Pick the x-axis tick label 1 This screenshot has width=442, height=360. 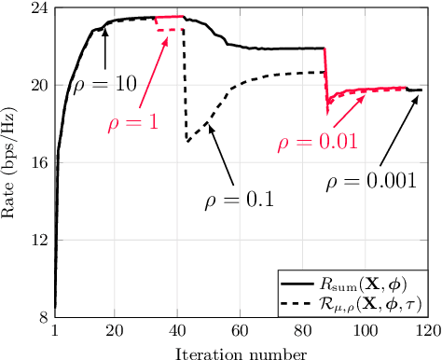[55, 331]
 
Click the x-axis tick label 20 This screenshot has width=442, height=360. [114, 331]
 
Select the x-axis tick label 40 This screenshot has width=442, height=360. [176, 331]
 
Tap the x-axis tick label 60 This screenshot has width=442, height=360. [239, 331]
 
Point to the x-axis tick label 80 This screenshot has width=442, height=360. [300, 331]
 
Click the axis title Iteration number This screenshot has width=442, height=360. [240, 351]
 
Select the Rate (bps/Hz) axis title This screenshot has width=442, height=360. [11, 164]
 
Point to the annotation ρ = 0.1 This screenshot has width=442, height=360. [238, 198]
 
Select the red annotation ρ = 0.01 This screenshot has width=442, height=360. [317, 143]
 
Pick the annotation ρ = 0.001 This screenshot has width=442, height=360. [371, 183]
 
